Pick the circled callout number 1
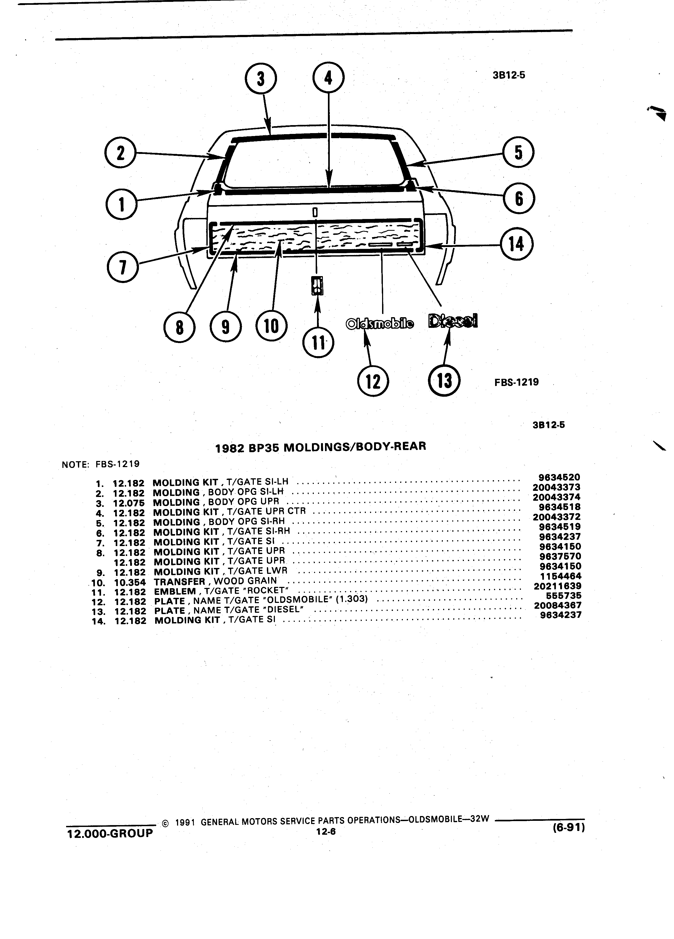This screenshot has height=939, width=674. (121, 204)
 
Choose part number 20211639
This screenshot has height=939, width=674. (557, 586)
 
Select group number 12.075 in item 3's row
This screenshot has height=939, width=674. (129, 503)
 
